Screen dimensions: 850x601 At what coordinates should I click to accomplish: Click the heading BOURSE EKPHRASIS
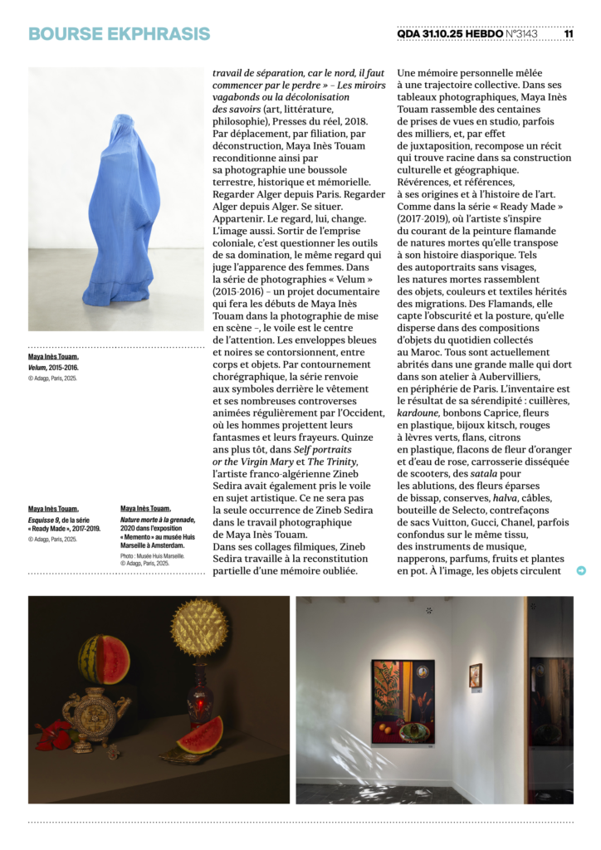119,34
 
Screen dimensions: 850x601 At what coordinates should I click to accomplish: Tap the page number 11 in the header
569,34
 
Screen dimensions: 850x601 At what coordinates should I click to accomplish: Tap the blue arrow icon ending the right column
581,570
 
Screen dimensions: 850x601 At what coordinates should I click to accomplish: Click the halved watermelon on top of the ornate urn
104,660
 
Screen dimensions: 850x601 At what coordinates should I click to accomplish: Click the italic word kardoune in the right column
418,412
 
